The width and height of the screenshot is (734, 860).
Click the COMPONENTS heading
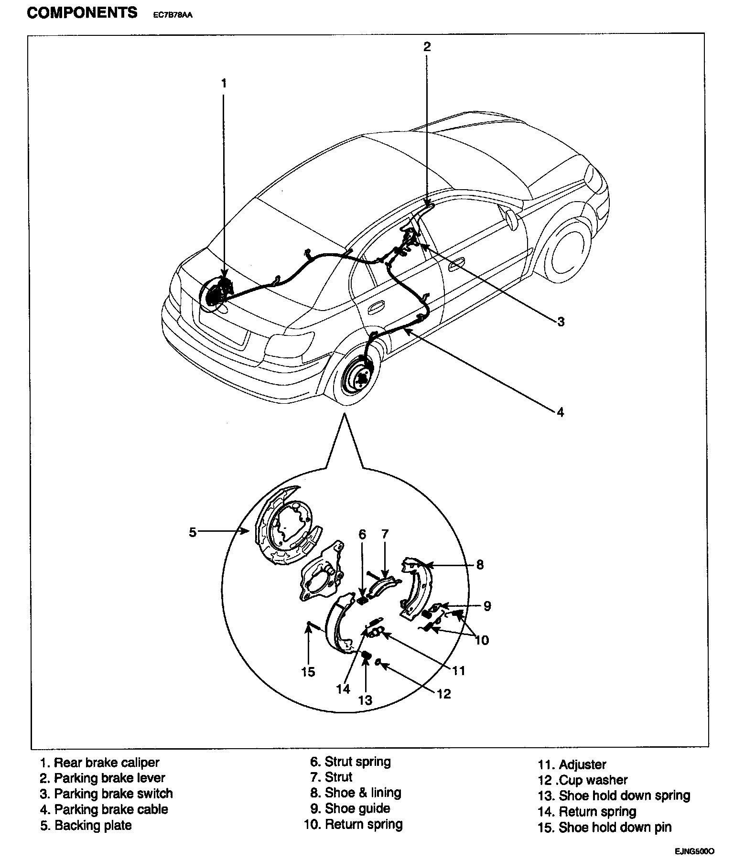[x=82, y=12]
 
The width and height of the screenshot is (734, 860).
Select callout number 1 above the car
[x=224, y=83]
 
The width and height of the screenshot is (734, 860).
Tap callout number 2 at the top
[x=427, y=46]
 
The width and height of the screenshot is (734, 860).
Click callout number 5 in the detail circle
[x=193, y=532]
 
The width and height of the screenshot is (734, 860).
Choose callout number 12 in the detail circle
[x=444, y=693]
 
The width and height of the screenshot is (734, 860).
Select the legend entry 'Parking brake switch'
[x=113, y=794]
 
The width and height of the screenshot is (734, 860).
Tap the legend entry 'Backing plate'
[x=92, y=825]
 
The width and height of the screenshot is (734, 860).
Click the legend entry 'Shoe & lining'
[x=362, y=793]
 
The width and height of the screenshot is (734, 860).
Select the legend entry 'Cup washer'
[x=593, y=780]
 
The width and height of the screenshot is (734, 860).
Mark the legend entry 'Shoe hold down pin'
[x=615, y=828]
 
